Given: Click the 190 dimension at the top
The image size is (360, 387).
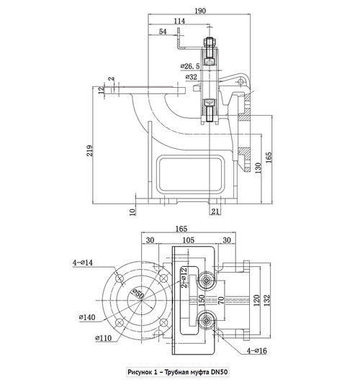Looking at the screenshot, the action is (200, 11).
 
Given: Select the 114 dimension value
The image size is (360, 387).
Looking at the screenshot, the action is (179, 21).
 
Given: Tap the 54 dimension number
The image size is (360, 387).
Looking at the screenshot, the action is (163, 32).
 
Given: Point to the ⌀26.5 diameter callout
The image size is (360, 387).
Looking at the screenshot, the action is (190, 66).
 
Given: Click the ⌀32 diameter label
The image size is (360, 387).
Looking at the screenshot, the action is (192, 77).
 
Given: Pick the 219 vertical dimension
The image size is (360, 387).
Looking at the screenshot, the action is (90, 150).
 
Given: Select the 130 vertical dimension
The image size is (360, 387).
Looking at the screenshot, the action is (258, 168).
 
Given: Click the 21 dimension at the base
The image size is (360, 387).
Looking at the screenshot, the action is (215, 211).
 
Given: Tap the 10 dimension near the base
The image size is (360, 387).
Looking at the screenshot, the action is (132, 211).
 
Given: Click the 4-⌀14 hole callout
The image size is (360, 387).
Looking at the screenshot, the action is (83, 263).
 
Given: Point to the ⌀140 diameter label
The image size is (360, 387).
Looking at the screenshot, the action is (87, 317).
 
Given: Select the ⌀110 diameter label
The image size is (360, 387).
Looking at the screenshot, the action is (103, 338).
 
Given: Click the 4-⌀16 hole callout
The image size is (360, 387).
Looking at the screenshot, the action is (257, 350).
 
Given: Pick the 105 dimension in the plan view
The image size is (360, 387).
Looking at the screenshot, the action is (188, 240).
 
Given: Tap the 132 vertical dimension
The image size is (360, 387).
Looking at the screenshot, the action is (267, 300).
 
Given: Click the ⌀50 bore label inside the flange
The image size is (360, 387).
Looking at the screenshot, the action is (138, 293).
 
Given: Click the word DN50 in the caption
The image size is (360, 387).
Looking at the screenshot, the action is (219, 372).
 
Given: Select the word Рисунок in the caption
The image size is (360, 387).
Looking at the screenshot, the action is (138, 372).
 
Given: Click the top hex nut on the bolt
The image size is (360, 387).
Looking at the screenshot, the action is (210, 42).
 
